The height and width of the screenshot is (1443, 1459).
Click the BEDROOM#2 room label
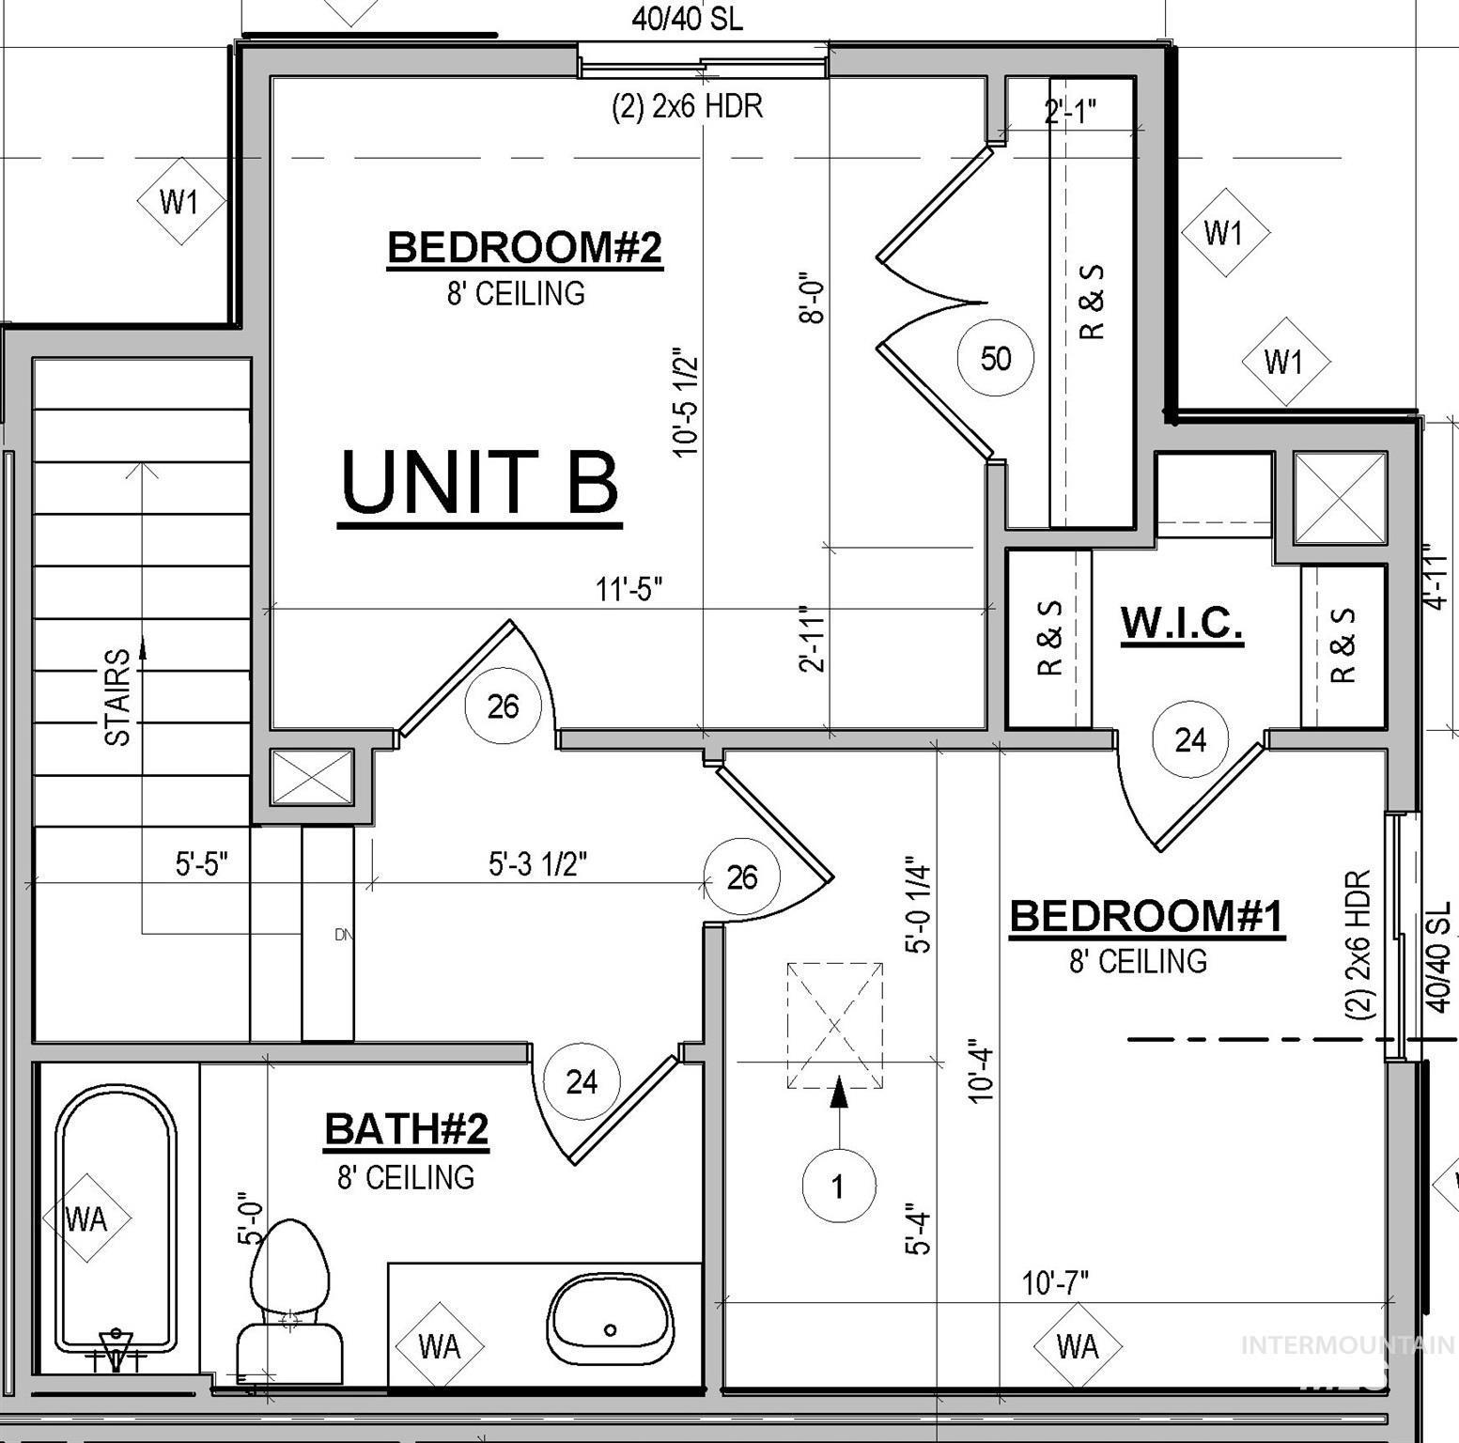(x=524, y=248)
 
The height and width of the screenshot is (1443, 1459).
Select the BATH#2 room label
(x=406, y=1129)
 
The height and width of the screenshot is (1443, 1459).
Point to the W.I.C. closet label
(x=1182, y=622)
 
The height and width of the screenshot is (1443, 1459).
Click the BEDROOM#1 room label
(x=1146, y=916)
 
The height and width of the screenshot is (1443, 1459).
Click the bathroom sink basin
(x=611, y=1318)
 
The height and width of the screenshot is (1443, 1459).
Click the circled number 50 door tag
(x=995, y=358)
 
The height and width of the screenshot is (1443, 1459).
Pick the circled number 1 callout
(x=838, y=1187)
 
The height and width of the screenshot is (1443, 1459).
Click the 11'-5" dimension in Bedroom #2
(x=629, y=590)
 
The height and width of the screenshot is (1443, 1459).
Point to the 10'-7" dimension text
(x=1055, y=1282)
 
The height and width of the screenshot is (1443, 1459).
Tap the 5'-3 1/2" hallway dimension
(x=537, y=863)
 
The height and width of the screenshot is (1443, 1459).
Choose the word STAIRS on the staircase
(x=117, y=697)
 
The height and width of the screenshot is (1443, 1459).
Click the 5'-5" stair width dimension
(x=201, y=863)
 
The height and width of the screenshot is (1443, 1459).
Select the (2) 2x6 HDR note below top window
(x=687, y=106)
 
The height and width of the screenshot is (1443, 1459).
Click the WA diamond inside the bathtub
(x=86, y=1219)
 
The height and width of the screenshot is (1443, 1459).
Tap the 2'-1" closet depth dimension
(x=1070, y=112)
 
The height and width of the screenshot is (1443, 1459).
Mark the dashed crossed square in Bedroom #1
(x=834, y=1025)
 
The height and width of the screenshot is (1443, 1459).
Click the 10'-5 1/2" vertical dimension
(x=687, y=404)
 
